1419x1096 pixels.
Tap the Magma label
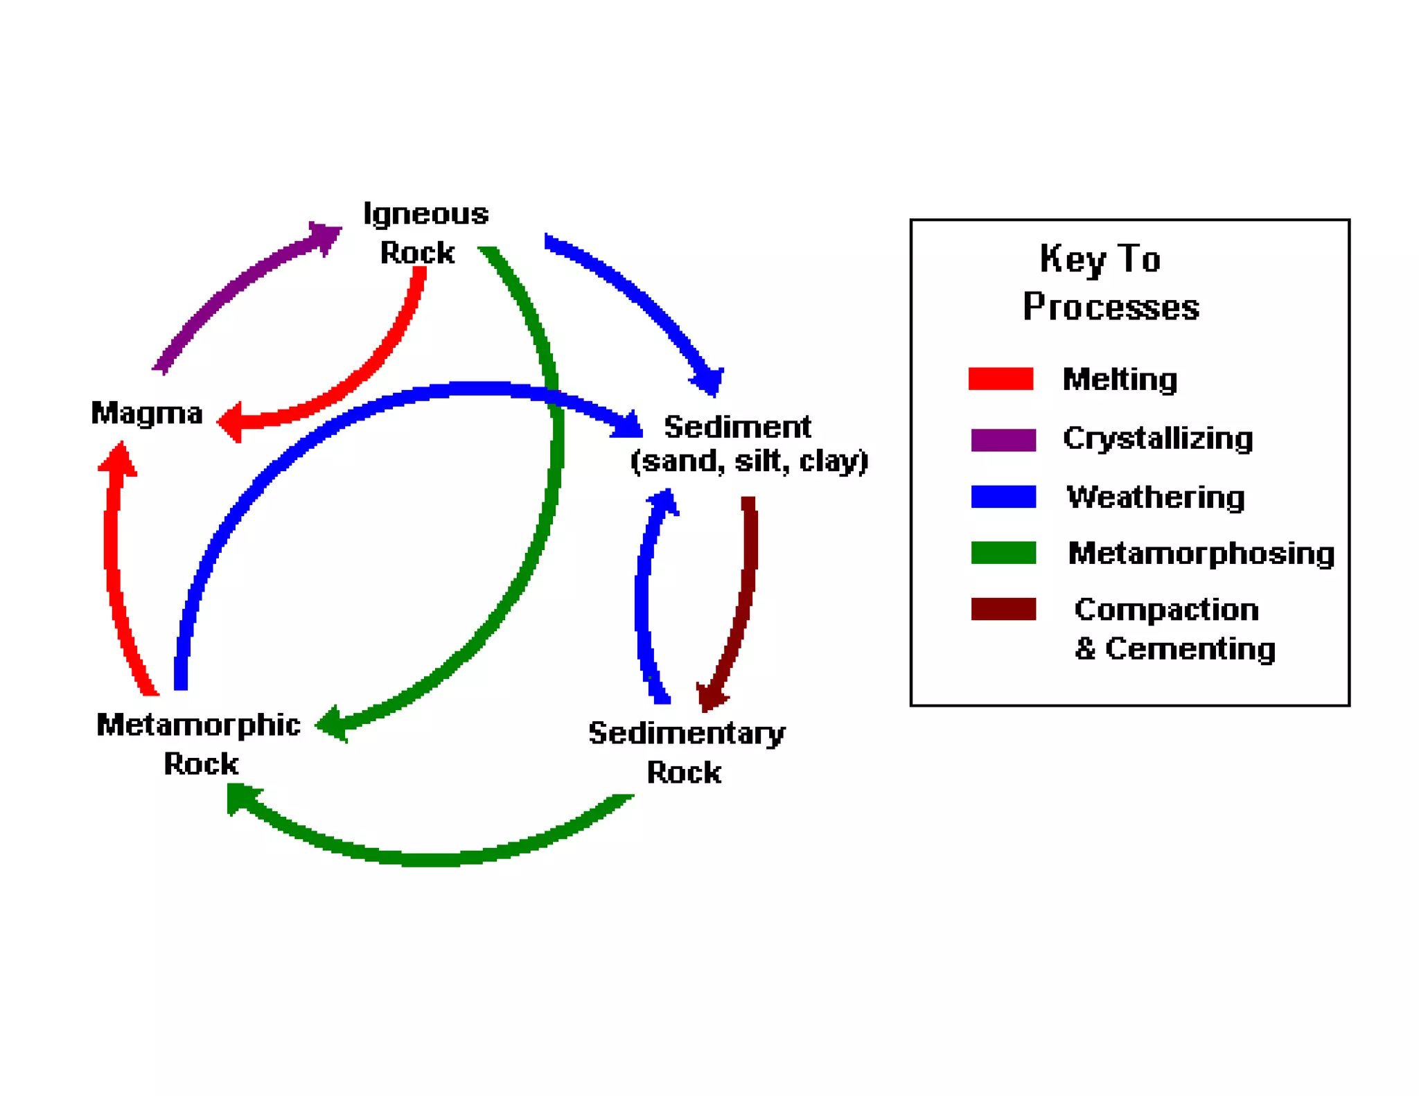(x=147, y=413)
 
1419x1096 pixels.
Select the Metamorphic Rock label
(x=199, y=743)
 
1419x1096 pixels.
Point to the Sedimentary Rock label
(x=686, y=752)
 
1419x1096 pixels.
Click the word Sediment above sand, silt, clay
(x=737, y=427)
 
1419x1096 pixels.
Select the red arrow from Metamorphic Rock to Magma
(x=113, y=568)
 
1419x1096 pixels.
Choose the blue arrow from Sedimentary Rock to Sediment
(x=643, y=596)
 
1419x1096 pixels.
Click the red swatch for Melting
(x=1001, y=379)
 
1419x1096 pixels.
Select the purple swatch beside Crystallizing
(x=1003, y=439)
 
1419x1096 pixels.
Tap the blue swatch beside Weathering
(x=1003, y=497)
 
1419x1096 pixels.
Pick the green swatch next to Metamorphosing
(x=1003, y=553)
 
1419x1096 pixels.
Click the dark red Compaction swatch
(x=1003, y=609)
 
